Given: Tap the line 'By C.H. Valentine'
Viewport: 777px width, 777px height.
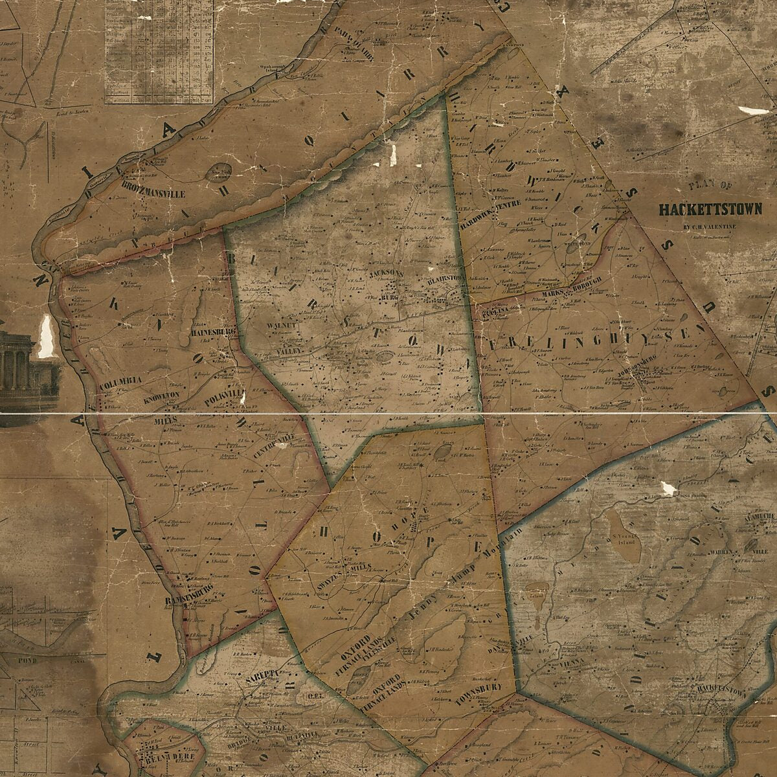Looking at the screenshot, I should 710,226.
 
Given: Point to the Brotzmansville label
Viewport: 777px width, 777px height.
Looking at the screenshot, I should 154,192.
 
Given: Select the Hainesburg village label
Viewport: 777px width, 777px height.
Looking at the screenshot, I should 212,332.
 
